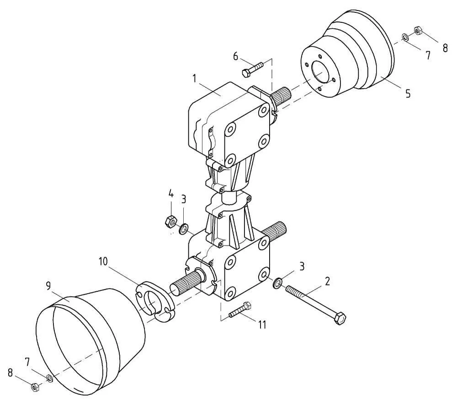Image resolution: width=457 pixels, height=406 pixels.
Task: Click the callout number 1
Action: click(195, 79)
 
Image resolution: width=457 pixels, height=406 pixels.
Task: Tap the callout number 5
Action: click(408, 94)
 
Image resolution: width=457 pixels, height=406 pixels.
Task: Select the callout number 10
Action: click(103, 262)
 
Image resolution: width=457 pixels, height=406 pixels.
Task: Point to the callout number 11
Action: click(262, 324)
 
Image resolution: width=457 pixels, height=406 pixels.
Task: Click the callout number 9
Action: click(48, 286)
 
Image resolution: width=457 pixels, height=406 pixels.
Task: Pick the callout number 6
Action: click(235, 56)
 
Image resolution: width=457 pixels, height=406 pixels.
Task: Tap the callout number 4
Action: click(171, 194)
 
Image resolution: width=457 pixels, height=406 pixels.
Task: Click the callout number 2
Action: click(327, 282)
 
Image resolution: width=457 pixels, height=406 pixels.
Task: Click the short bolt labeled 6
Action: click(252, 69)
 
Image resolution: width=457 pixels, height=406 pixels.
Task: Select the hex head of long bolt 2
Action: click(340, 319)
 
